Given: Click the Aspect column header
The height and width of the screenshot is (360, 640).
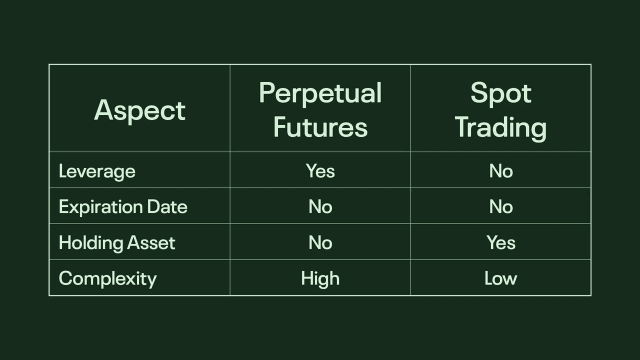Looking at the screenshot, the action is click(x=139, y=111).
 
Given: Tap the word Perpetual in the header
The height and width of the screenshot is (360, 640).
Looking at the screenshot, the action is click(x=320, y=93).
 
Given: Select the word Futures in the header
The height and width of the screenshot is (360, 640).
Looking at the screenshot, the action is click(x=320, y=127).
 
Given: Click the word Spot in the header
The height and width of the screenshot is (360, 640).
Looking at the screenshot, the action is click(x=501, y=93).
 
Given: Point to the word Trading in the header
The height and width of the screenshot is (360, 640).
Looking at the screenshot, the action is click(x=501, y=128).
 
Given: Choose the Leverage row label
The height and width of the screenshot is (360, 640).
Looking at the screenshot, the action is click(x=97, y=171).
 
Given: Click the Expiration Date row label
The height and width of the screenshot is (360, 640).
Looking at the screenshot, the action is click(x=123, y=206).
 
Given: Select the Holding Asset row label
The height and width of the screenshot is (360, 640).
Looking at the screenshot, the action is click(x=117, y=243).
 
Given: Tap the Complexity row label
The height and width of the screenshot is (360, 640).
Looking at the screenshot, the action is click(x=107, y=278).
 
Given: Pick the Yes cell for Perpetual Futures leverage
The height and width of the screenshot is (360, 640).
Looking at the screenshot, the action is click(x=320, y=171).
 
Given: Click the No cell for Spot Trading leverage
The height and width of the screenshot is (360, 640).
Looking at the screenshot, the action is click(x=501, y=171).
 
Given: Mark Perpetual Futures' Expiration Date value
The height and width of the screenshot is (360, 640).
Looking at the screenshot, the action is click(x=320, y=206).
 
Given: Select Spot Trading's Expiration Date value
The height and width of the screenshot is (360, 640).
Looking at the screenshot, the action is click(x=501, y=206).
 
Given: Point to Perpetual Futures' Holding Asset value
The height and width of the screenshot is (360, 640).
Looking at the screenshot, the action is click(x=320, y=243).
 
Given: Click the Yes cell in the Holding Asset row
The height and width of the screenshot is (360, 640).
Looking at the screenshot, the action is click(x=501, y=242).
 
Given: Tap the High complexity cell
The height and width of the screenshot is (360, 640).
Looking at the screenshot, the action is click(x=320, y=279).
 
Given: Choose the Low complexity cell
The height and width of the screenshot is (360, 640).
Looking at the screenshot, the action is click(x=501, y=278).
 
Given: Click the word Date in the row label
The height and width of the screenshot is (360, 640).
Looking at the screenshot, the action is click(x=167, y=206).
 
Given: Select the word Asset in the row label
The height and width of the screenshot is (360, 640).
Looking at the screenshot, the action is click(x=151, y=243).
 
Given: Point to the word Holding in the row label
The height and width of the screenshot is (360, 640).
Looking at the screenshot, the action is click(x=91, y=243).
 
